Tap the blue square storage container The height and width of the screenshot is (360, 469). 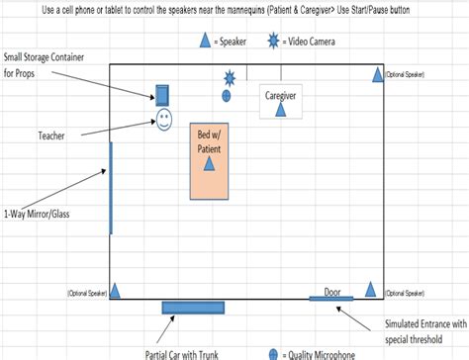[x=163, y=96]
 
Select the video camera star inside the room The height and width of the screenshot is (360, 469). [x=230, y=77]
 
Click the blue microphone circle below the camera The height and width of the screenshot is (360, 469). [x=227, y=96]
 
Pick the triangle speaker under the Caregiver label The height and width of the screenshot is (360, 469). [x=280, y=110]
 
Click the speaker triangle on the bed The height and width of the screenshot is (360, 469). [x=209, y=164]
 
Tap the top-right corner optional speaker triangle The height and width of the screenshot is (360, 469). [x=377, y=75]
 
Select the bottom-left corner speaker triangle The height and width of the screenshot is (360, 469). [x=116, y=291]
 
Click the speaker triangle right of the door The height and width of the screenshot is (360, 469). [x=371, y=290]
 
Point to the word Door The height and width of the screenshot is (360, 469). [x=331, y=292]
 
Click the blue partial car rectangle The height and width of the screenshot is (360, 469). [x=193, y=308]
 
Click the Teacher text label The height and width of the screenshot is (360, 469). [x=51, y=134]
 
